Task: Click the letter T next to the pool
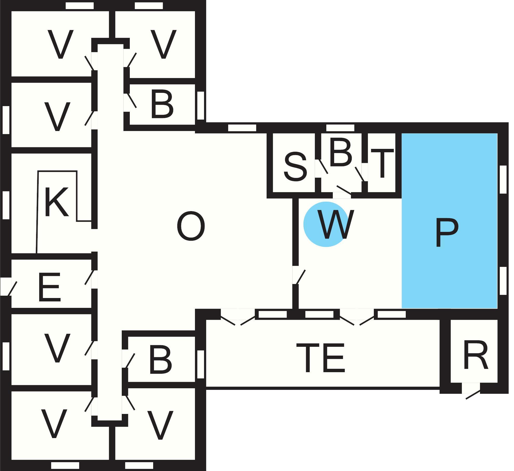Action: pos(382,163)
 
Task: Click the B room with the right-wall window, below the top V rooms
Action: pos(162,106)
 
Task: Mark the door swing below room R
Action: pos(473,395)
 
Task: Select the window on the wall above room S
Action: pos(242,128)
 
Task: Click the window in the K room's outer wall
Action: pos(6,205)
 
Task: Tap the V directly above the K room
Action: pos(57,116)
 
